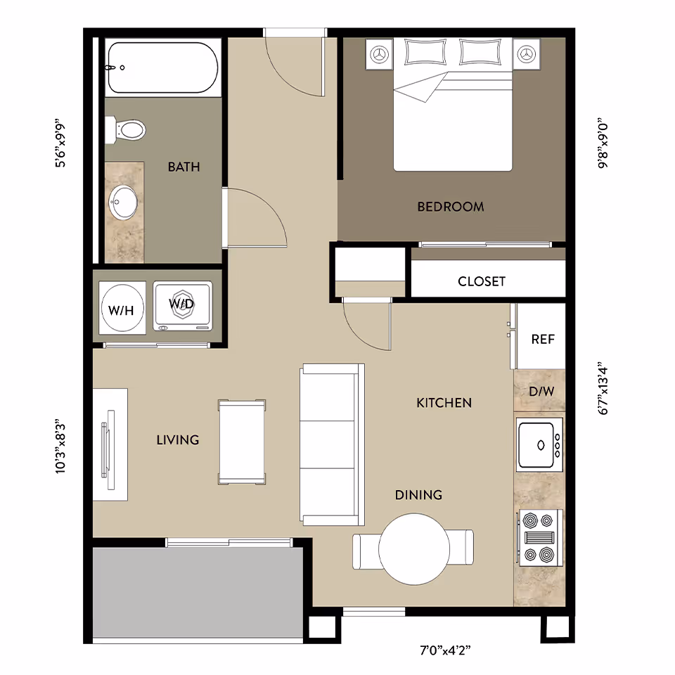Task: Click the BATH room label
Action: pos(184,167)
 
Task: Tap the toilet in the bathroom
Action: pos(127,129)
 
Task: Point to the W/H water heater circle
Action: pos(122,308)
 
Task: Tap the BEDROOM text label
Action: pos(450,207)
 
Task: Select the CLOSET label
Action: pos(481,281)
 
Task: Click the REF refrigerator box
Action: pos(542,338)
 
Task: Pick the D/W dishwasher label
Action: pos(541,391)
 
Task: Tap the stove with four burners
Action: pos(539,538)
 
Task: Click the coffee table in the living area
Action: pos(242,442)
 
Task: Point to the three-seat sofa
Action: pos(333,444)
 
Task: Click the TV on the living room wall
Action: pos(108,445)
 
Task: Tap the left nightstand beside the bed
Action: pos(380,54)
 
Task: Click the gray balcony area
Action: pos(198,592)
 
